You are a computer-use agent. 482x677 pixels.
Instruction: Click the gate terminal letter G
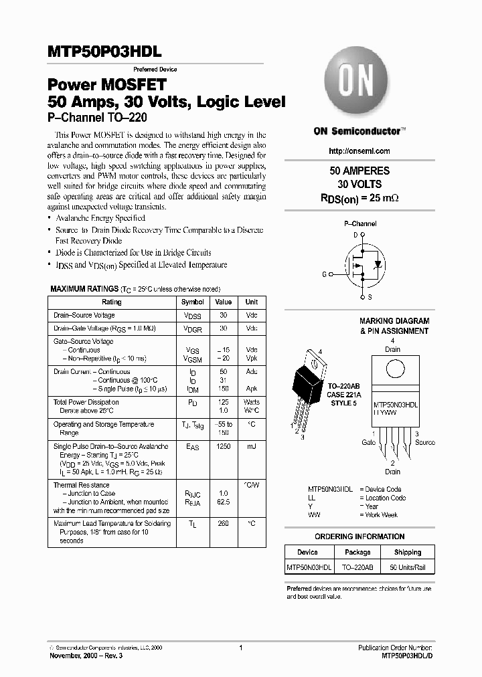coord(325,274)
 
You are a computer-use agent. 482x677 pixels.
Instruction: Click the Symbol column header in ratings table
coord(193,302)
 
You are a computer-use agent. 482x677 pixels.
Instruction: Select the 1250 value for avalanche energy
coord(224,446)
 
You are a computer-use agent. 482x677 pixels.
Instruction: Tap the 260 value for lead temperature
coord(224,524)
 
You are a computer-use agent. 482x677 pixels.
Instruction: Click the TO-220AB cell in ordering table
coord(357,568)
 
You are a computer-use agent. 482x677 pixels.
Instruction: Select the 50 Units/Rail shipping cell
coord(408,568)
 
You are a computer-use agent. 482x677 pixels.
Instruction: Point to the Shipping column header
coord(408,553)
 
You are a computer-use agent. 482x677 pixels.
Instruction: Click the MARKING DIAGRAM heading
coord(394,321)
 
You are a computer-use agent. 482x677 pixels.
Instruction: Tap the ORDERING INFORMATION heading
coord(359,537)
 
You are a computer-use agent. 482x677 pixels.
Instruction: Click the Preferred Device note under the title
coord(155,70)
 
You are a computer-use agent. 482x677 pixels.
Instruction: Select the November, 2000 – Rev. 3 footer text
coord(86,656)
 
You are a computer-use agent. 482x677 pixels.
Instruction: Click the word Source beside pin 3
coord(424,442)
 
